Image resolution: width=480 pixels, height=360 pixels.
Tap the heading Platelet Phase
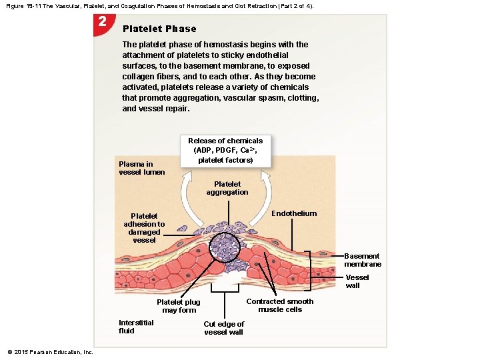tap(159, 29)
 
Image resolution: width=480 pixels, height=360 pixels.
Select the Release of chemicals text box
tap(225, 151)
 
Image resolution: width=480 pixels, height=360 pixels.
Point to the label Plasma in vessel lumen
tap(141, 168)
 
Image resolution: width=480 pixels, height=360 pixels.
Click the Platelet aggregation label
tap(227, 188)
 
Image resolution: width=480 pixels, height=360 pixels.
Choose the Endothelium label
tap(294, 213)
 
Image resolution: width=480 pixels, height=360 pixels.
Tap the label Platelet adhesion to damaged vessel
tap(144, 228)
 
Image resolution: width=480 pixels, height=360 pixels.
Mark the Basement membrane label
tap(362, 260)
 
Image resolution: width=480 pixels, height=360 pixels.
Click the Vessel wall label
tap(357, 281)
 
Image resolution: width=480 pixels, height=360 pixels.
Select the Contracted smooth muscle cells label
tap(279, 305)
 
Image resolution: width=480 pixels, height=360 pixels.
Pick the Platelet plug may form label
tap(179, 306)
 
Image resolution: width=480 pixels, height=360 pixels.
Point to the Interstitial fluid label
tap(136, 327)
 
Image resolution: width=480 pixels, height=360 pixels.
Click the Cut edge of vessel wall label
tap(224, 328)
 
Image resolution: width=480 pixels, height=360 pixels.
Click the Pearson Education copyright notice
tap(50, 352)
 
